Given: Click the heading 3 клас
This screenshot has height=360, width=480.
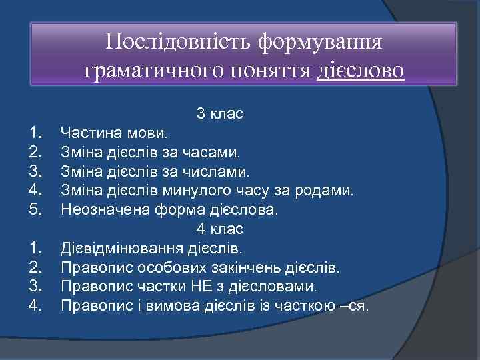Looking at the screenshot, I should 219,114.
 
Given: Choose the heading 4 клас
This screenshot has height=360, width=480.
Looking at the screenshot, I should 219,229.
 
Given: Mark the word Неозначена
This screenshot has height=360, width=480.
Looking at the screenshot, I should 97,209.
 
